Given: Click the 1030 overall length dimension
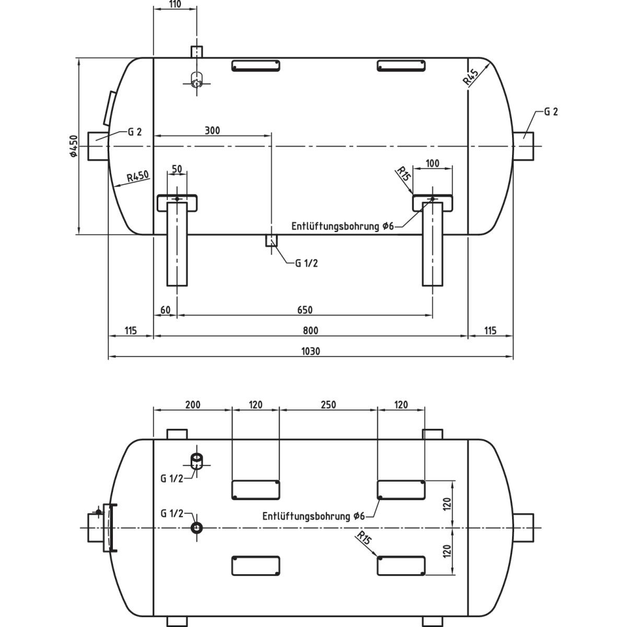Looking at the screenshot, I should point(310,351).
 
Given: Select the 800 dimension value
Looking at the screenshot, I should point(310,330).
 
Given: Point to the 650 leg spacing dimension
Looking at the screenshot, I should point(305,310).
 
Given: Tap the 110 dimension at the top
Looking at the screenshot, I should point(175,4).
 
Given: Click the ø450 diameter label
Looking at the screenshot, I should point(73,146).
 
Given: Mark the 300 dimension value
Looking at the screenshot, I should point(212,130).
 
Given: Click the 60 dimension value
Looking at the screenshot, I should point(165,310).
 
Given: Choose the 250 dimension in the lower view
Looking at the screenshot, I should point(328,404).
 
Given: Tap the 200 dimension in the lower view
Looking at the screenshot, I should point(192,404).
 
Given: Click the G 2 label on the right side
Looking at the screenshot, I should point(551,112).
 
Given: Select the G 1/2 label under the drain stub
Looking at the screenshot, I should point(306,263).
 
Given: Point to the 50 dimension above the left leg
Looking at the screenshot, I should point(177,169).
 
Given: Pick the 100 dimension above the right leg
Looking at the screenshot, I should point(433,163).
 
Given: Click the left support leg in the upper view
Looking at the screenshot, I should point(177,243).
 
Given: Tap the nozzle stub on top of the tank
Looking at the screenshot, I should point(196,52).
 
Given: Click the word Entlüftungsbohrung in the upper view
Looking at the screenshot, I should point(335,226).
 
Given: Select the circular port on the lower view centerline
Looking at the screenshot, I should point(197,528).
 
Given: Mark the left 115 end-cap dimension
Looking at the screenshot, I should point(131,330).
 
